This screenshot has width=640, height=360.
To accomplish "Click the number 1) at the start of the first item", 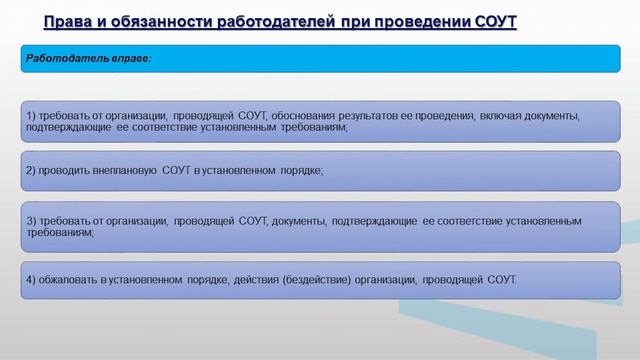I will pos(31,115).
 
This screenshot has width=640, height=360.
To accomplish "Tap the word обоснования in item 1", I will pos(305,115).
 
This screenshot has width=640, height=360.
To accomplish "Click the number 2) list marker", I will pos(31,170).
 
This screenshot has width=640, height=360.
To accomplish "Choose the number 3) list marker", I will pos(31,219).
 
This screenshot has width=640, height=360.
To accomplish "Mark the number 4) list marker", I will pos(31,279).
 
